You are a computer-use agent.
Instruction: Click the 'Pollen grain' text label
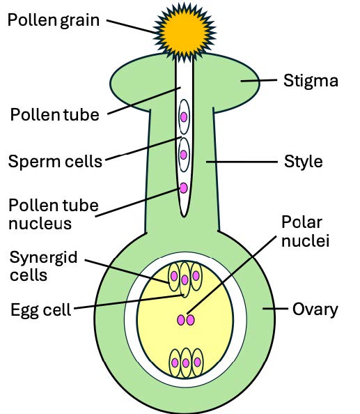[54, 20]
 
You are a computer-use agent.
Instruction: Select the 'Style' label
[304, 162]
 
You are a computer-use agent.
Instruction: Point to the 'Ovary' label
[315, 309]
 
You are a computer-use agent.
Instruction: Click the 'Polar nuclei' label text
[305, 232]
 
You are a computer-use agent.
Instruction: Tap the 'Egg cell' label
[40, 309]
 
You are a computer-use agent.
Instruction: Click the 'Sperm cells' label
[55, 162]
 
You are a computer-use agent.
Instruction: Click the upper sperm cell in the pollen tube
[184, 116]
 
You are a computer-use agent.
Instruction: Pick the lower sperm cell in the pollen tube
[184, 155]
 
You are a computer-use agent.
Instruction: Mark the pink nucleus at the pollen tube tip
[184, 187]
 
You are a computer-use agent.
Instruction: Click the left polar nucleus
[180, 320]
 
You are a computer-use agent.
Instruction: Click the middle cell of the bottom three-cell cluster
[185, 362]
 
